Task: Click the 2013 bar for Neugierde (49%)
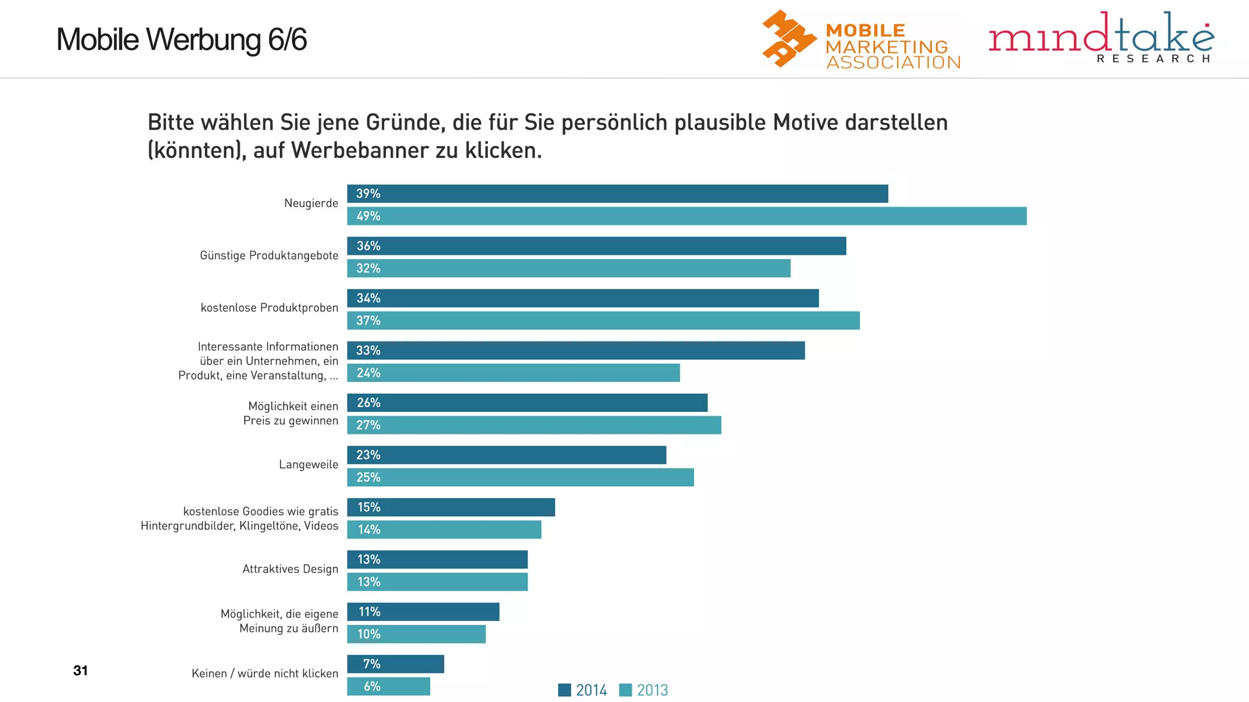687,216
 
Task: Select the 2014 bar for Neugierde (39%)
617,194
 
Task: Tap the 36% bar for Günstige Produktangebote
596,246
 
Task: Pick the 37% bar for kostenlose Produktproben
603,321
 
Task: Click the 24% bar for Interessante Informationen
514,373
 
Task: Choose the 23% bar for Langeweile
507,455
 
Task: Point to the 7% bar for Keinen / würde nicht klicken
396,664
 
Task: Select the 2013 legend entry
643,690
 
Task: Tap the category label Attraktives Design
290,569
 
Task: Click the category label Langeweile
309,464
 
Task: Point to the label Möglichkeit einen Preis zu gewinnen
291,413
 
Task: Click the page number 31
81,670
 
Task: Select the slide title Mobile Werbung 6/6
181,40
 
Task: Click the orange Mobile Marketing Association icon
788,38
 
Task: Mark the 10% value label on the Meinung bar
368,634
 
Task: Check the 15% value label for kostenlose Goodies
368,508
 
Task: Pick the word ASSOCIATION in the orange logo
893,62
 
